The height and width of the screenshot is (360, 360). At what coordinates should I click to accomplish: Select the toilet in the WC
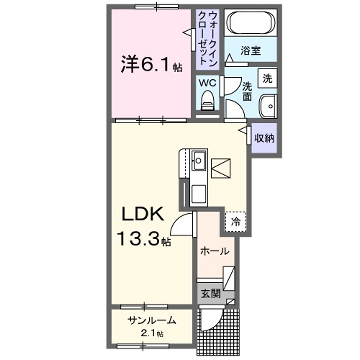207,99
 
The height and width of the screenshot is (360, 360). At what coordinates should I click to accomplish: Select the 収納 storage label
264,139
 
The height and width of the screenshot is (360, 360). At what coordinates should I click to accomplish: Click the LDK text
141,216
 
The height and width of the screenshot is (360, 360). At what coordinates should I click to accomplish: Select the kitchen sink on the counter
196,158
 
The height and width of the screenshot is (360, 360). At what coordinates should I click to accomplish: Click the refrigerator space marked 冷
235,222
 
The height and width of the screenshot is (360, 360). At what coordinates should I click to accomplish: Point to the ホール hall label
215,251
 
